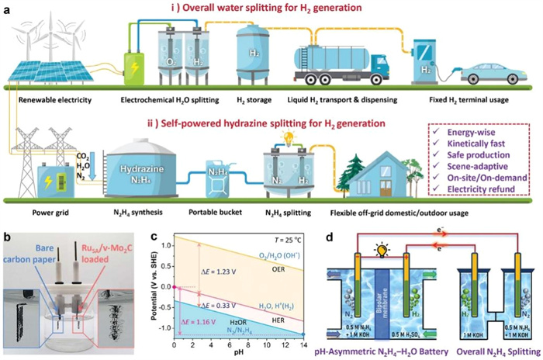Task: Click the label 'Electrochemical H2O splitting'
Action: click(x=167, y=100)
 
